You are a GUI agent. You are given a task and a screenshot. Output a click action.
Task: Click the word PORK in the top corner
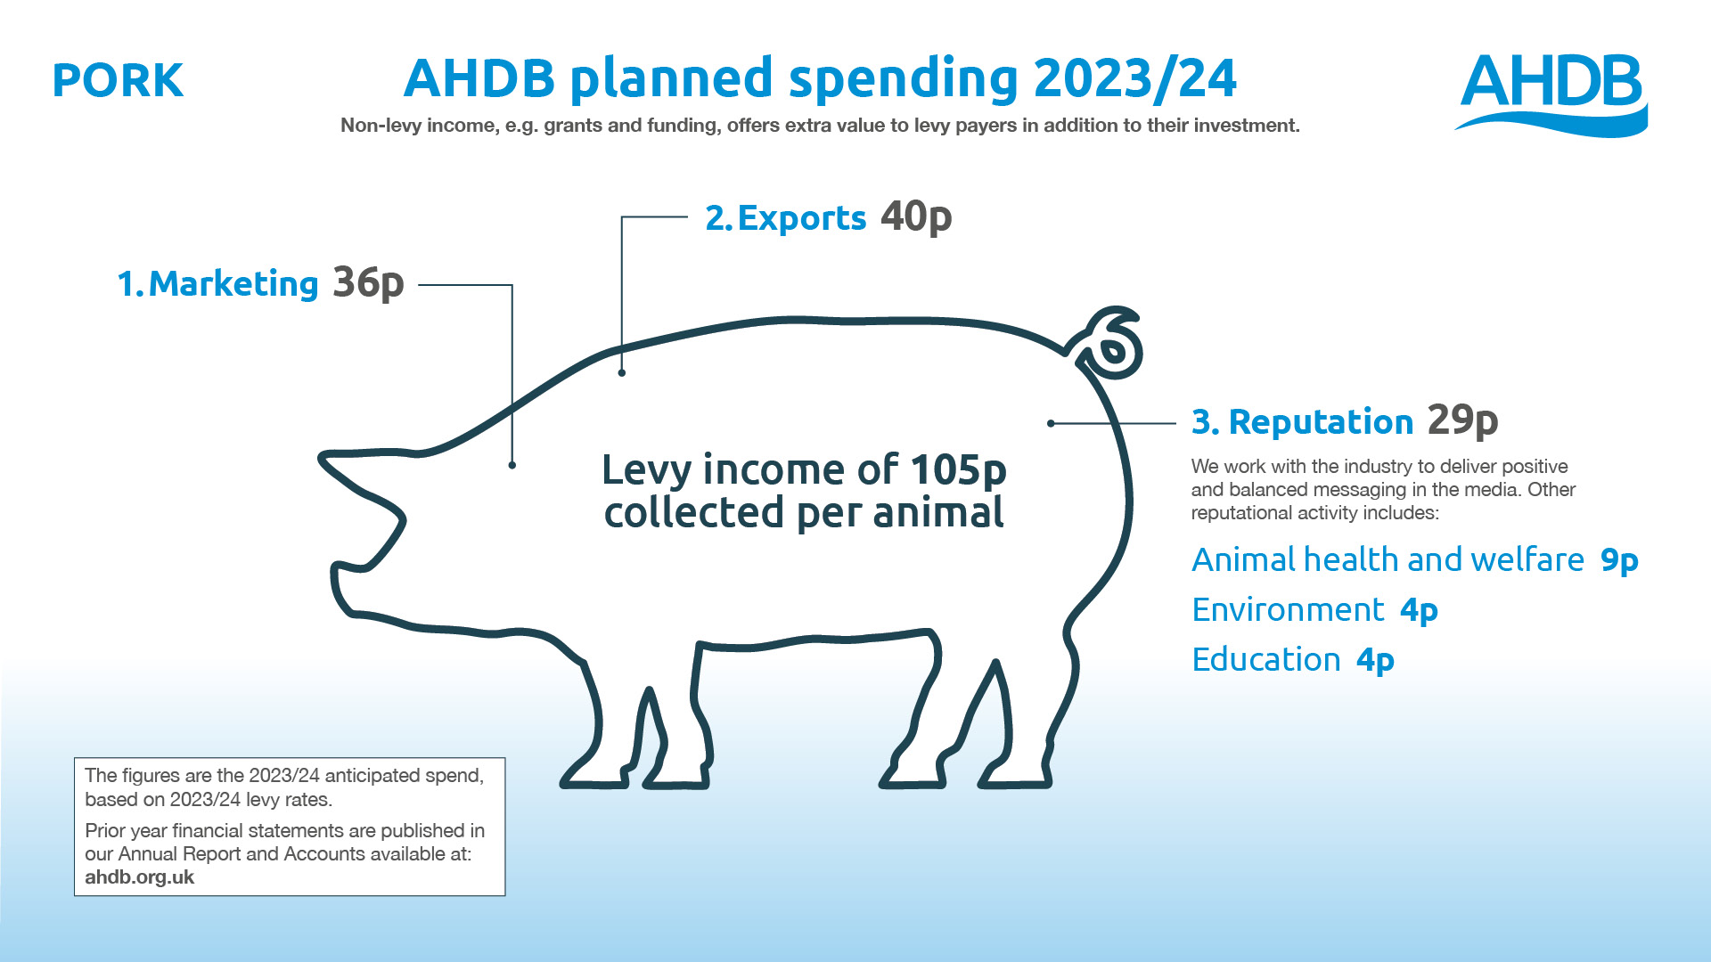point(118,80)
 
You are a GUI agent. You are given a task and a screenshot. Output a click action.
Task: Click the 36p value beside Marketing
point(368,283)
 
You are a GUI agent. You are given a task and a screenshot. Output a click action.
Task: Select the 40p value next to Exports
point(916,217)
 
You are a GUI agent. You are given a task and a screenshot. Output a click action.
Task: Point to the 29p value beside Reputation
point(1462,420)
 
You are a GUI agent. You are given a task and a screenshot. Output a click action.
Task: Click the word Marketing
point(233,284)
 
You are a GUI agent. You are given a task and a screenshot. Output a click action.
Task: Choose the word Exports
point(802,218)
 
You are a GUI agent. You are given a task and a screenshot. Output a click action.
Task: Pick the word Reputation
point(1321,422)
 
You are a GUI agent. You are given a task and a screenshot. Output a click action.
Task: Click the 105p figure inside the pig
point(959,469)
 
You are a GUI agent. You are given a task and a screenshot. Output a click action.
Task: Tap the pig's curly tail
point(1110,343)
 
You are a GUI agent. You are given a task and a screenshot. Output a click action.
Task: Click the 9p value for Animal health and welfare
point(1619,561)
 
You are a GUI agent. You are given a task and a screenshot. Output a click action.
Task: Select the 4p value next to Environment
point(1419,611)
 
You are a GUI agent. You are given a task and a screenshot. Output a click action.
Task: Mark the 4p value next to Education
point(1375,661)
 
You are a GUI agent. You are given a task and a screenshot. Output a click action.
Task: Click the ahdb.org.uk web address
point(139,877)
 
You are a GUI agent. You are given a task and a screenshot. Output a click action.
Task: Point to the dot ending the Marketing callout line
point(512,465)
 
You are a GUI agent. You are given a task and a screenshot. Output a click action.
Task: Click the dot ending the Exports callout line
point(622,373)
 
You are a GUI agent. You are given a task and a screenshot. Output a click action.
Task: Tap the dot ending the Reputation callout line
point(1052,424)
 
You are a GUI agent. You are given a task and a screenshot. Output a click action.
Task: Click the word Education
point(1266,660)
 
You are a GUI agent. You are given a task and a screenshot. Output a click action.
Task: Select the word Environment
point(1288,610)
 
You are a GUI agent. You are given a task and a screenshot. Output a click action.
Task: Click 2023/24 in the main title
point(1135,78)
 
